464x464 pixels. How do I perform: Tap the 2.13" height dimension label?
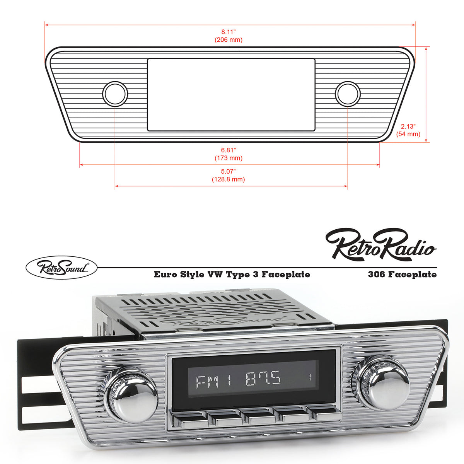pyautogui.click(x=408, y=126)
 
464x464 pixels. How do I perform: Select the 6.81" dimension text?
pyautogui.click(x=228, y=150)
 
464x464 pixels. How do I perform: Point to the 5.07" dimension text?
pyautogui.click(x=228, y=171)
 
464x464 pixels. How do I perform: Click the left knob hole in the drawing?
pyautogui.click(x=115, y=94)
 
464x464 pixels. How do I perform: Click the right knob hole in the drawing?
pyautogui.click(x=348, y=94)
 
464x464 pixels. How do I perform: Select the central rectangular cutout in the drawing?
pyautogui.click(x=231, y=95)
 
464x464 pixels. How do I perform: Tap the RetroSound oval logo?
pyautogui.click(x=61, y=267)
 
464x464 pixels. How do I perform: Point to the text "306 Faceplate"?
pyautogui.click(x=402, y=275)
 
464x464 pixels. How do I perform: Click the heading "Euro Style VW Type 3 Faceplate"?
pyautogui.click(x=232, y=275)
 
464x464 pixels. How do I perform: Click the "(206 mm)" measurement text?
pyautogui.click(x=228, y=40)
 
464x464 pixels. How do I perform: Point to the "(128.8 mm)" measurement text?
pyautogui.click(x=228, y=179)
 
